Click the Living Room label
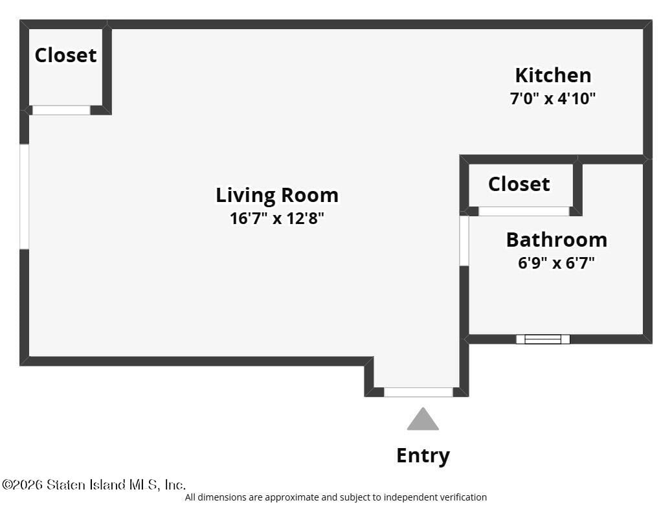tap(277, 196)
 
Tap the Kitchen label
tap(553, 75)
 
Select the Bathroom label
tap(557, 240)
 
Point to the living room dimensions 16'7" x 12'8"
tap(277, 218)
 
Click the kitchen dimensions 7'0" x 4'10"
tap(553, 98)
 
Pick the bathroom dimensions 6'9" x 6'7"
tap(556, 262)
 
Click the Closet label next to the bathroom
tap(519, 185)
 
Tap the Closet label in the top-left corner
tap(65, 55)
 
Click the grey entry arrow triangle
tap(423, 419)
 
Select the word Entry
tap(423, 456)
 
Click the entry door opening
tap(418, 392)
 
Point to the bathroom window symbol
tap(543, 339)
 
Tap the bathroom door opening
tap(464, 241)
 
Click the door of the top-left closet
tap(62, 110)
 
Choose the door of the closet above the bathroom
tap(524, 211)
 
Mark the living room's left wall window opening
tap(25, 196)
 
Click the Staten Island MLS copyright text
tap(94, 485)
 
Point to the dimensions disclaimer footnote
tap(335, 497)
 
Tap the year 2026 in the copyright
tap(28, 485)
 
